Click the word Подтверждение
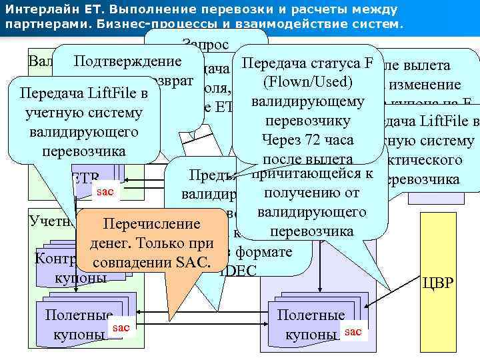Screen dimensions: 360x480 point(128,62)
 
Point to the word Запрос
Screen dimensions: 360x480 point(205,45)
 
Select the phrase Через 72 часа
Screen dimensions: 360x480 point(307,141)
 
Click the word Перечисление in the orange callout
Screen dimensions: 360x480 point(148,224)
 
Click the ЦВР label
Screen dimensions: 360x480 point(437,283)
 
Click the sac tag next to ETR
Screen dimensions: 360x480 point(105,191)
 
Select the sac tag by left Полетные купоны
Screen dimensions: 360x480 point(121,327)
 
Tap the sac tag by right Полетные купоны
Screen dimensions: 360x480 point(354,331)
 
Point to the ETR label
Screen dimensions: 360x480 point(84,178)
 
